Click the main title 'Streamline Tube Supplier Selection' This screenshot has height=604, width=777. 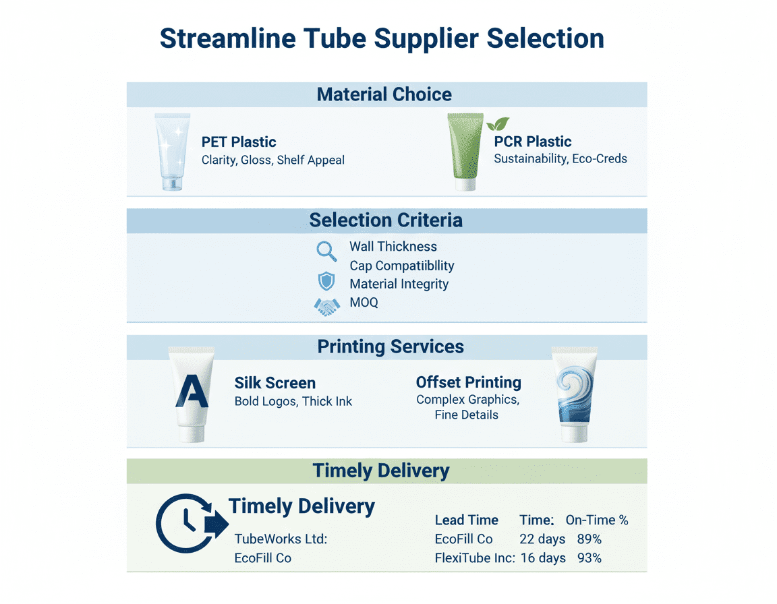point(382,38)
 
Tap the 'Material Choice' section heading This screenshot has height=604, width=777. point(384,94)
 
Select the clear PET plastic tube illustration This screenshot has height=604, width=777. point(173,152)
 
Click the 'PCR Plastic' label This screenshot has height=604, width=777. point(532,142)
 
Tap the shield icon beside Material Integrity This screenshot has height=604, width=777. point(326,282)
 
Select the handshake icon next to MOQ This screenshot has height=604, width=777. point(327,307)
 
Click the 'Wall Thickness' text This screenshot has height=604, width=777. point(393,247)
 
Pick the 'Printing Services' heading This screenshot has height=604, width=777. point(391,347)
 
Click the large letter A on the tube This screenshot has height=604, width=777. point(192,392)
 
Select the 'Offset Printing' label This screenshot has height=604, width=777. point(468,383)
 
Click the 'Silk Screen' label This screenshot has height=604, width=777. point(275,384)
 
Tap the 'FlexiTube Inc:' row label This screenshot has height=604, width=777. point(475,558)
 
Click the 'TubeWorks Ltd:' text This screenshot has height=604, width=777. point(281,539)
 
